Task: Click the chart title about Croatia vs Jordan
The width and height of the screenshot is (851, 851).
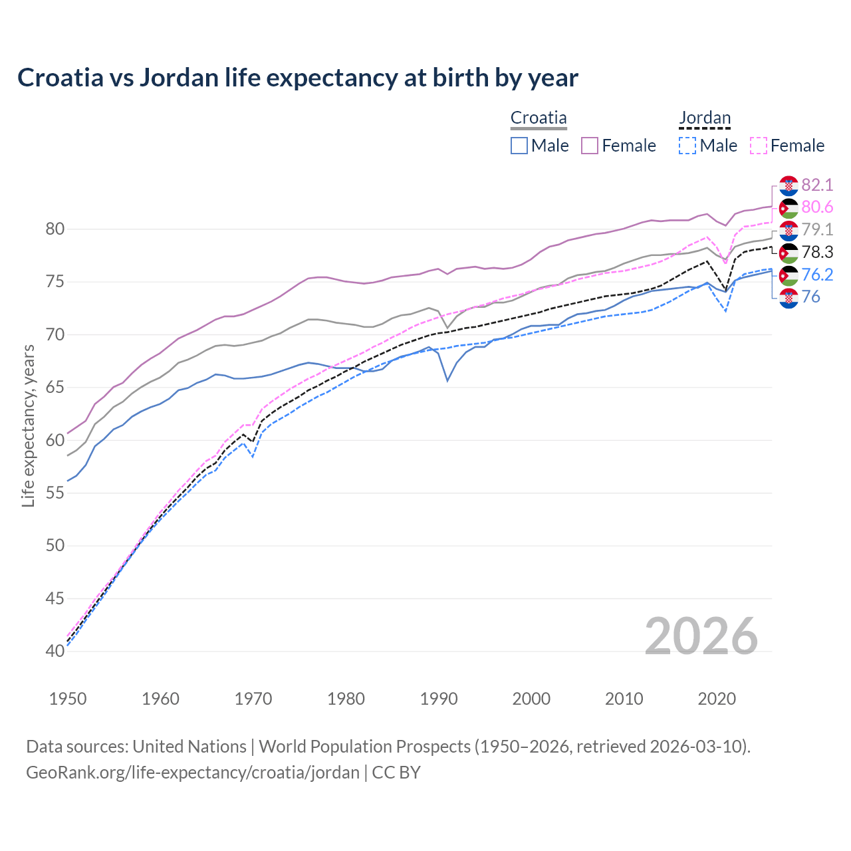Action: (297, 78)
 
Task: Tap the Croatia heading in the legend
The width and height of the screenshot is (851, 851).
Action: (539, 118)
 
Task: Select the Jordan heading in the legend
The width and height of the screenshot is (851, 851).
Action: (705, 118)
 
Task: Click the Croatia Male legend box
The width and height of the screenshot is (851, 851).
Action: (519, 146)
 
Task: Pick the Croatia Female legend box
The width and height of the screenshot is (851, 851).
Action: (590, 146)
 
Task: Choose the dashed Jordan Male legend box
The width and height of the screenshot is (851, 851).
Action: (687, 146)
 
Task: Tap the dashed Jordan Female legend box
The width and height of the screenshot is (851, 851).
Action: (759, 146)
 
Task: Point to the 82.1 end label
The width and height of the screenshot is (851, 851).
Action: (817, 185)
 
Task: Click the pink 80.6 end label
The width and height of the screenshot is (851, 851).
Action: (817, 207)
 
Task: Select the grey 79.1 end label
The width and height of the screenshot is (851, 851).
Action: (817, 230)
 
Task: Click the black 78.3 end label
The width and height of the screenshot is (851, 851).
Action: (817, 252)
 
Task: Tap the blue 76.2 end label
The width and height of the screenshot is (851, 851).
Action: (817, 275)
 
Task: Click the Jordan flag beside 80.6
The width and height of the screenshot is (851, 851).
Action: (789, 208)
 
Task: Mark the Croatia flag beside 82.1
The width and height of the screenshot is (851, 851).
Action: (789, 185)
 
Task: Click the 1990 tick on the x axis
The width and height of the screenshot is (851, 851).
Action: (439, 699)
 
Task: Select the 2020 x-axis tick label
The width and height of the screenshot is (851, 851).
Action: (717, 699)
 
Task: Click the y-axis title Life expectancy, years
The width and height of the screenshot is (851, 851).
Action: (29, 425)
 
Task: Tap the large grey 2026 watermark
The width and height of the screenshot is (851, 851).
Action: (701, 636)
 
